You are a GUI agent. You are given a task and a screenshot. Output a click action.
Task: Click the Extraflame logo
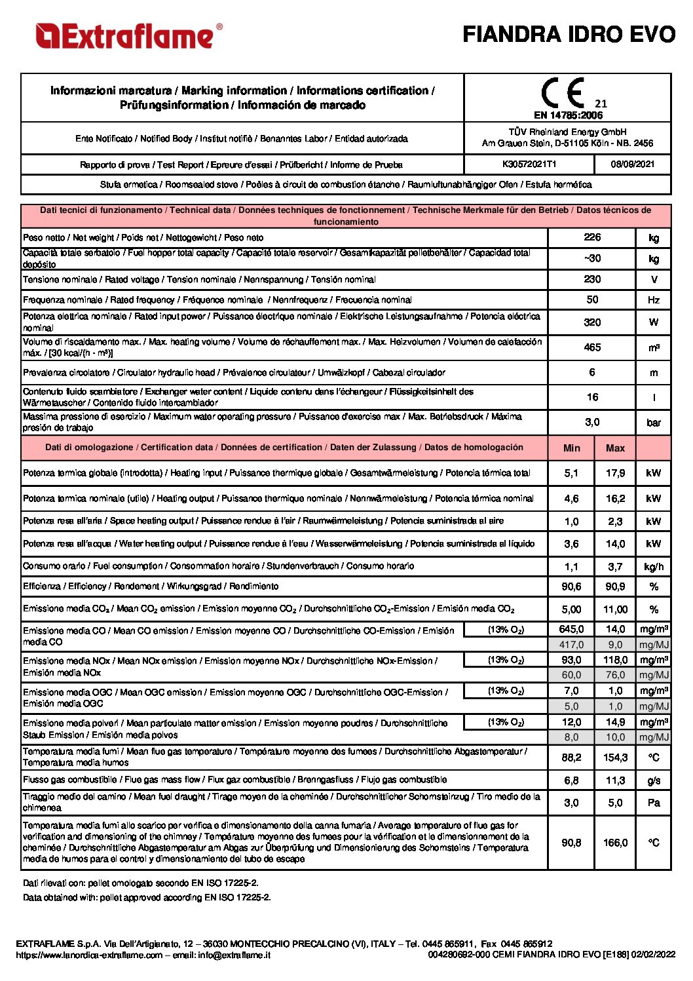pos(129,36)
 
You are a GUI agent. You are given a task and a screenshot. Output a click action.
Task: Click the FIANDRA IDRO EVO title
pos(569,34)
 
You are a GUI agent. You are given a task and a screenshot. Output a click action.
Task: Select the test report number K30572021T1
pos(529,164)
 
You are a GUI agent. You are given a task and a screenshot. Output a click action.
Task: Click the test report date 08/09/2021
pos(632,164)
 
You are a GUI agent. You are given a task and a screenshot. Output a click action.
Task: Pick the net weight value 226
pos(592,237)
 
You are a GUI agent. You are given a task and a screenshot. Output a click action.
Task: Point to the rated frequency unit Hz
pos(653,300)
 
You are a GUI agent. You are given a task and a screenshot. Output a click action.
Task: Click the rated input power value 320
pos(592,322)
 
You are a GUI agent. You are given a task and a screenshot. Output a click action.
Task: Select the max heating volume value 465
pos(592,347)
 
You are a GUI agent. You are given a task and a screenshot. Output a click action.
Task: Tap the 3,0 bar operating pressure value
pos(592,422)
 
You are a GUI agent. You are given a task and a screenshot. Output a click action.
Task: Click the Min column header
pos(571,448)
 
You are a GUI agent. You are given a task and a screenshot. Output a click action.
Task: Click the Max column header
pos(615,448)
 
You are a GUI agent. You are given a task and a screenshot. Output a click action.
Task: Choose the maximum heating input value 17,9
pos(615,472)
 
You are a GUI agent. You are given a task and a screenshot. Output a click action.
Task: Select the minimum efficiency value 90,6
pos(571,587)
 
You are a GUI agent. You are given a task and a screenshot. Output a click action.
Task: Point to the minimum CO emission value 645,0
pos(571,629)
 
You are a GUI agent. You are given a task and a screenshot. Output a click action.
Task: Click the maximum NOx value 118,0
pos(615,660)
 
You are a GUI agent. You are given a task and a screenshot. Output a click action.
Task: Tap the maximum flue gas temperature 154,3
pos(615,758)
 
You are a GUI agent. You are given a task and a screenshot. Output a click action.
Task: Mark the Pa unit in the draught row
pos(653,803)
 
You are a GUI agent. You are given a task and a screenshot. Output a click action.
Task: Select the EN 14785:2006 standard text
pos(568,115)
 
